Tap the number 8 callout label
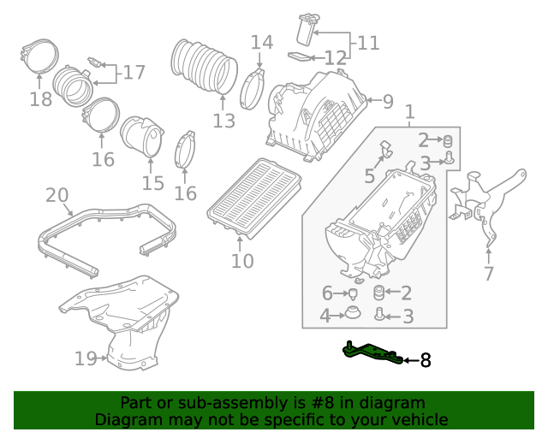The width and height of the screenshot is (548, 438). point(425,361)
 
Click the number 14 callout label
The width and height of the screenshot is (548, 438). point(262,42)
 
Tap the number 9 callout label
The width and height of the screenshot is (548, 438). point(388,103)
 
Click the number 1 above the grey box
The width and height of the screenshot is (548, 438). point(409,112)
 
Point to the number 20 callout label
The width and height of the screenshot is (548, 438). point(57,196)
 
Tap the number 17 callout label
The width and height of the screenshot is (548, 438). point(134,73)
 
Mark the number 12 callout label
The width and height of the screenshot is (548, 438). point(335,58)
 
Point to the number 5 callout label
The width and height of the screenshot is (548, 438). point(369,176)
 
